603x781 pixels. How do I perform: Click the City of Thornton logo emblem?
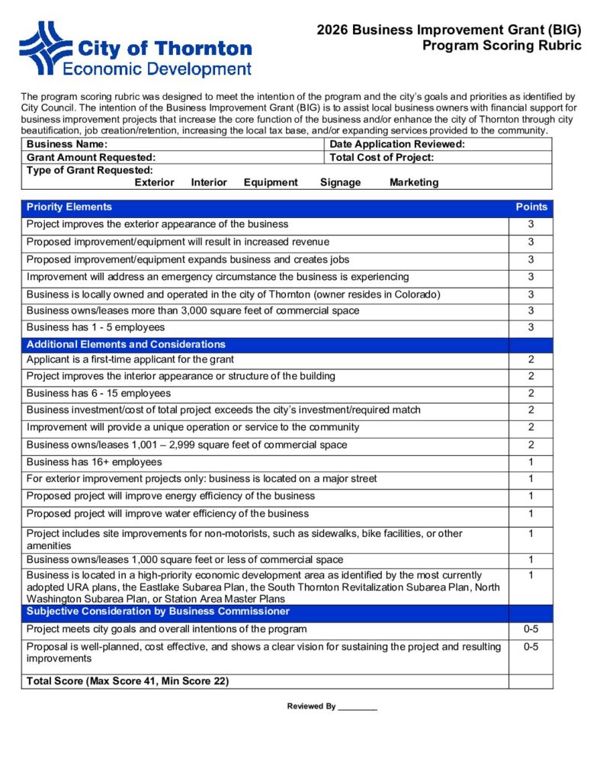45,47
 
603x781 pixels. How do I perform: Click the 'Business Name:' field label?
67,144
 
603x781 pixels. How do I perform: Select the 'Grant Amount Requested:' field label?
91,157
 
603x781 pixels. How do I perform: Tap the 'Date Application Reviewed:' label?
397,144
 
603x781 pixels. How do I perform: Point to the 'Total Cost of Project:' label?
382,157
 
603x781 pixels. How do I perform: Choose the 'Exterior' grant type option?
154,182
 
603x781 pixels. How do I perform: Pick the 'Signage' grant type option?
340,182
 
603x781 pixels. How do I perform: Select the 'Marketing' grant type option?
414,182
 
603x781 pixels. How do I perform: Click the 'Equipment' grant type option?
271,182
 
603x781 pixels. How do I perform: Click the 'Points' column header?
531,207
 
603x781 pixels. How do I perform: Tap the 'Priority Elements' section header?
69,207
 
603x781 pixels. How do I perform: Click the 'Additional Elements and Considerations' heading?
126,344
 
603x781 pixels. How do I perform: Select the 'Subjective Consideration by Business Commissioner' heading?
158,611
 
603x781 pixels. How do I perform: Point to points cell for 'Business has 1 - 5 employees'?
531,327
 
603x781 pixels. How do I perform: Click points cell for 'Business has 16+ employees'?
531,461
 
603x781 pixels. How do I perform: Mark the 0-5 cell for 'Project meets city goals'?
531,629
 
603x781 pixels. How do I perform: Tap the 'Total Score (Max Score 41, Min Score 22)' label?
127,680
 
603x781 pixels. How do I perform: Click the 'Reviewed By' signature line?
358,707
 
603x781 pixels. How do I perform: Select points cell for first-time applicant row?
531,359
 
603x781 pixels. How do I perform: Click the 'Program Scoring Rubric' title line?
502,46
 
